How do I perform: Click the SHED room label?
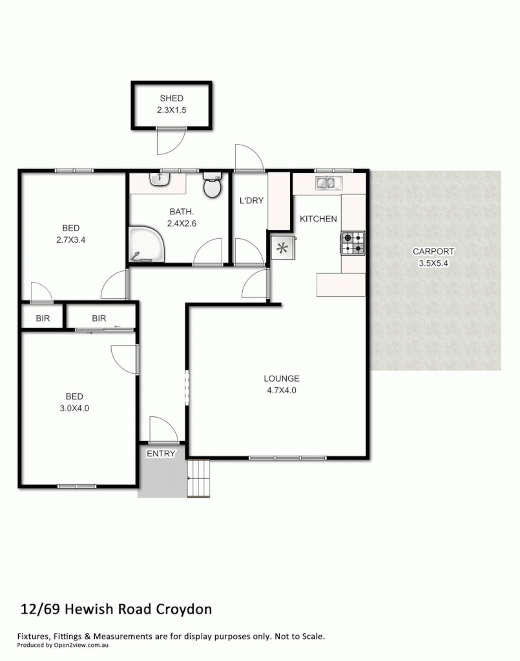click(x=171, y=99)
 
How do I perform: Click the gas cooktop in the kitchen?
click(x=353, y=243)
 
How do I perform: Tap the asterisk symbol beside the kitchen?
click(x=282, y=247)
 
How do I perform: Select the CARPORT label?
click(x=433, y=251)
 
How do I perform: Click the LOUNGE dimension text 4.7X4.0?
click(x=281, y=390)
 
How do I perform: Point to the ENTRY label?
click(x=161, y=454)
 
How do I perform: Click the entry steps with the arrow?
click(x=199, y=478)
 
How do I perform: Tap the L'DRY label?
click(x=251, y=201)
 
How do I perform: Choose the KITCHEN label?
click(x=318, y=219)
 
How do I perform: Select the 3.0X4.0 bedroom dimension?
click(x=74, y=408)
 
